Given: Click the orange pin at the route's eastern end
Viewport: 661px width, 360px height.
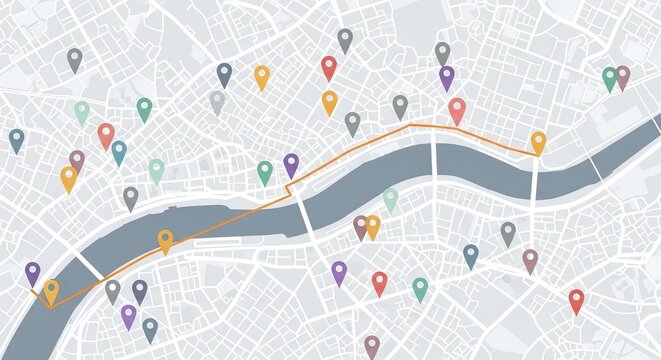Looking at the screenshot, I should coord(538,142).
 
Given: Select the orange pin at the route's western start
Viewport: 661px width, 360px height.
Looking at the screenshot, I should coord(51,291).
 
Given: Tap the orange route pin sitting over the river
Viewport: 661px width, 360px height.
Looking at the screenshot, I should coord(165,240).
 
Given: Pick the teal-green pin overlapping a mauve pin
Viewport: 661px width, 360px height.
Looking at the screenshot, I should coord(609,77).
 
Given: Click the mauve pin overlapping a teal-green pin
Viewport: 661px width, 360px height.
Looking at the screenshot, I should coord(623,75).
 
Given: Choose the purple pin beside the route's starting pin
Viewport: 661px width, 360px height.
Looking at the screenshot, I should coord(33,272).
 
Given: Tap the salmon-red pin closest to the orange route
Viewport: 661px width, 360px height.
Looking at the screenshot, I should coord(457,109).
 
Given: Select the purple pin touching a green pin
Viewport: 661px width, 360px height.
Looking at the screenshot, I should coord(291,164).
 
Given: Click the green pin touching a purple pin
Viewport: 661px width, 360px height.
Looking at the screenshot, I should coord(265,171).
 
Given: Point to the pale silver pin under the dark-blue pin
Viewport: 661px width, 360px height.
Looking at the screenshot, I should coord(217,101).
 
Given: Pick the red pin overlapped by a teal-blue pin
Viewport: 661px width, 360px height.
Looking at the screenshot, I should coord(106,134).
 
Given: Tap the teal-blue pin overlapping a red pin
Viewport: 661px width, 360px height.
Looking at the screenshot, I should coord(119,152).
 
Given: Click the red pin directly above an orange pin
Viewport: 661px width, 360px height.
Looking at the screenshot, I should coord(329,67).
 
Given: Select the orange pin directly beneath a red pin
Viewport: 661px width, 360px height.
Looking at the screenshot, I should coord(329,101).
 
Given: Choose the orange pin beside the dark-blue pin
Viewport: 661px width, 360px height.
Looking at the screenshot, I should coord(261,76).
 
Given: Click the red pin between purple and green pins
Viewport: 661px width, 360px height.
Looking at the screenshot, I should coord(379,283).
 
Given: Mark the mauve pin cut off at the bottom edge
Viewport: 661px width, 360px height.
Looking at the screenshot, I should coord(372,346).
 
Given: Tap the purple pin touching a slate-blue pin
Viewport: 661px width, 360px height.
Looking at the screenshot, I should coord(128,316).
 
